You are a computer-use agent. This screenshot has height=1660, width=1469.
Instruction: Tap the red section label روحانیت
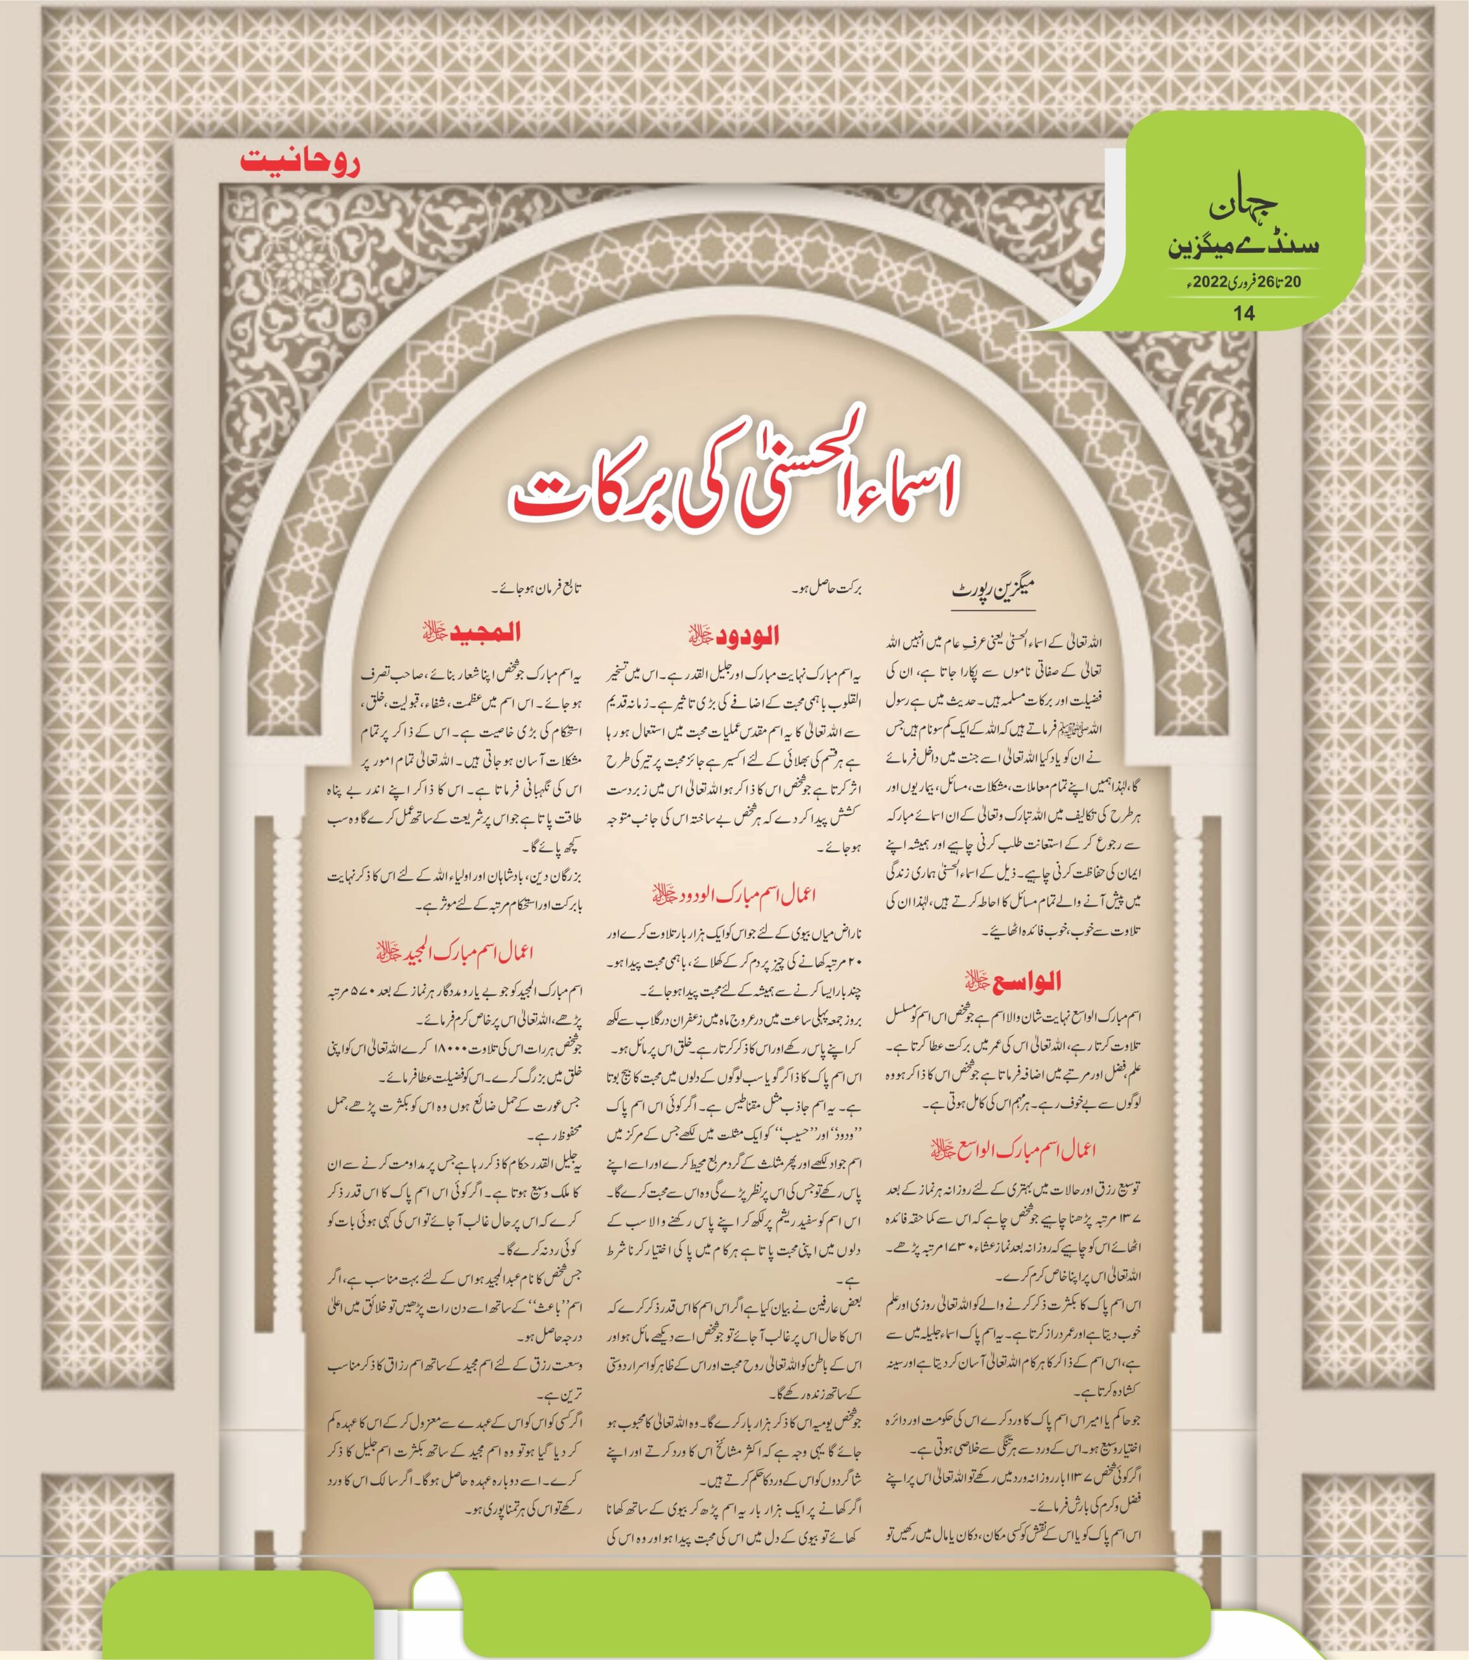[x=300, y=161]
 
